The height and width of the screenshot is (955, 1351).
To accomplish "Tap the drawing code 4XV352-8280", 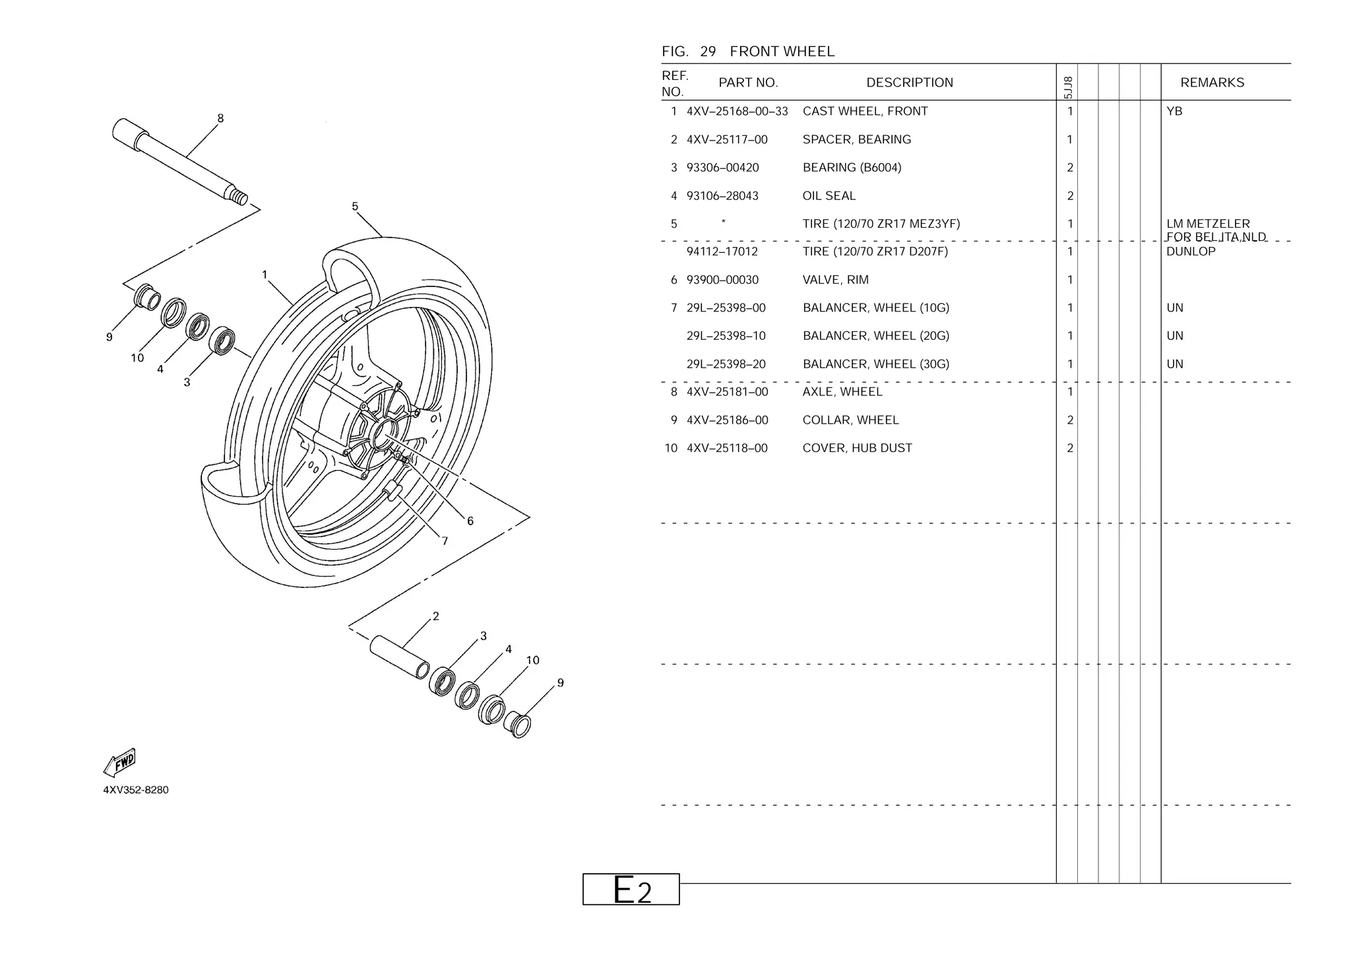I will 136,790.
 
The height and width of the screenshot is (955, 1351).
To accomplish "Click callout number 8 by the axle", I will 220,118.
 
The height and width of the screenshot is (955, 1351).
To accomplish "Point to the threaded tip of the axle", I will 239,196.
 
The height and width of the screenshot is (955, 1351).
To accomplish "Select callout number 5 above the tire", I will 355,207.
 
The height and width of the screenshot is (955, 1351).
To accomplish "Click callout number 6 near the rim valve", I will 470,521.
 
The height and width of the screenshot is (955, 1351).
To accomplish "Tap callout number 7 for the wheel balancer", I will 445,541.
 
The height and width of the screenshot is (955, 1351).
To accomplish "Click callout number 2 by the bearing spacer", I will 435,616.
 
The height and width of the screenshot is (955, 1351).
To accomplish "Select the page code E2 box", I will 631,890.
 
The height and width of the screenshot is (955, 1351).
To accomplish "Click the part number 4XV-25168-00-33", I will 737,112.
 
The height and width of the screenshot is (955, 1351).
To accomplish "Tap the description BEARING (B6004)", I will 852,168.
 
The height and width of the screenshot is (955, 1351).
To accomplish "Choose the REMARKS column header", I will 1212,82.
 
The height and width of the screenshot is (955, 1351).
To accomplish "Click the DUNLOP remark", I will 1190,251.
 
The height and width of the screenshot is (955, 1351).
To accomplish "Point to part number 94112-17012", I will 722,251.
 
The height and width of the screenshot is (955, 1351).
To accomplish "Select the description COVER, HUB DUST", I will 857,448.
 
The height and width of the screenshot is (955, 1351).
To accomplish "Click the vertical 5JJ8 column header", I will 1068,87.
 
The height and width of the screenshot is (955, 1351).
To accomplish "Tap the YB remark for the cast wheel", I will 1174,112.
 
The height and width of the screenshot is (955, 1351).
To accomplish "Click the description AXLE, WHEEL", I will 842,392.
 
